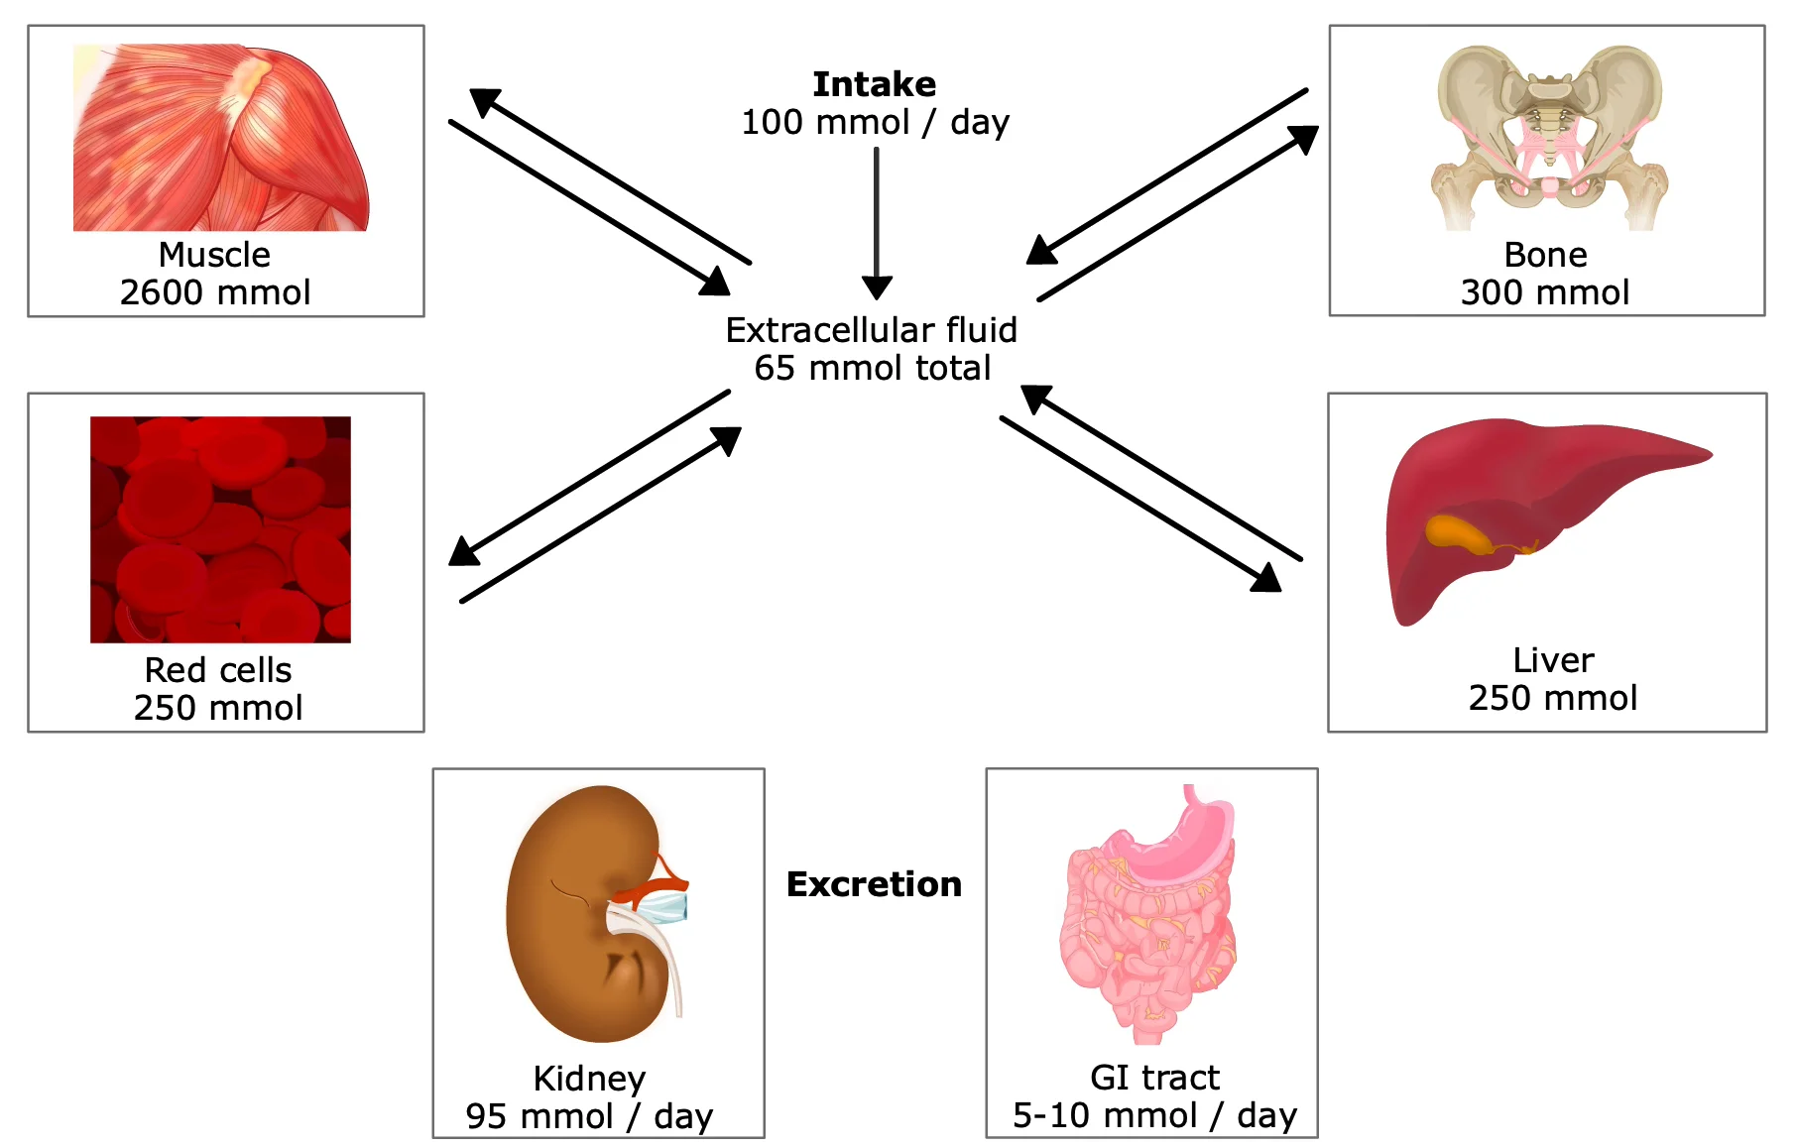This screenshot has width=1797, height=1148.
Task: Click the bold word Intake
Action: (x=874, y=85)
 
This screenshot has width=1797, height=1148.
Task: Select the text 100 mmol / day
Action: (x=875, y=123)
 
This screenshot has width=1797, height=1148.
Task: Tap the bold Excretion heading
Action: (x=874, y=884)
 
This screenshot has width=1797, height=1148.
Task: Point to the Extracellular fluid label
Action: (x=871, y=330)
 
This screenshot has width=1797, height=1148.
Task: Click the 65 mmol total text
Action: (x=872, y=369)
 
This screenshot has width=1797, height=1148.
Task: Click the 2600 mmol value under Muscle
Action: (x=215, y=293)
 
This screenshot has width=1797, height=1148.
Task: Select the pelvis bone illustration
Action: (x=1548, y=134)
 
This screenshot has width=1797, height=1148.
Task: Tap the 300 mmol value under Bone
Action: (x=1545, y=293)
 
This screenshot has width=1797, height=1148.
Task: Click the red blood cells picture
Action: (x=220, y=529)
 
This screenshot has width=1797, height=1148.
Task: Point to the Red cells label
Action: (x=218, y=671)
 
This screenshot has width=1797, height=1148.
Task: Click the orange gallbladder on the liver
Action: (x=1458, y=535)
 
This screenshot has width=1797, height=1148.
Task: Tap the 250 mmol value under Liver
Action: (x=1552, y=699)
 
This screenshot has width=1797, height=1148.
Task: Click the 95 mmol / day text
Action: (x=589, y=1117)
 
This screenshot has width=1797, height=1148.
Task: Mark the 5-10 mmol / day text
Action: (x=1154, y=1116)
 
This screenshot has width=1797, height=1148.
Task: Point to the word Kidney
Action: (x=589, y=1079)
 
